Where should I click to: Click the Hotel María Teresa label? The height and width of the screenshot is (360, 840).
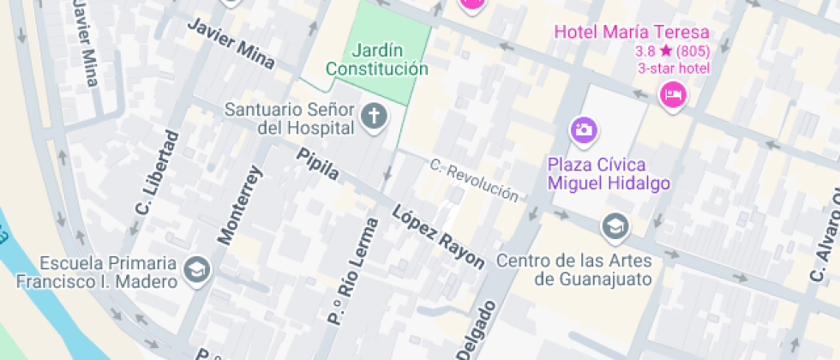632,33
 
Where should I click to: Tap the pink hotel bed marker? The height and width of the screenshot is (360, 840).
674,93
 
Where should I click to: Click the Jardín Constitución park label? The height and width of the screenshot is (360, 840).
376,59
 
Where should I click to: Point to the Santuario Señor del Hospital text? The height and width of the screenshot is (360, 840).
290,118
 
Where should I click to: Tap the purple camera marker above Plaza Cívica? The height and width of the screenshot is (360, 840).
585,130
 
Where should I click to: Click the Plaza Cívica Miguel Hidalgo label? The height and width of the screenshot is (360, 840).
609,174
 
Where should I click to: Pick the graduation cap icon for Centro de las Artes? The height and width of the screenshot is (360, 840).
615,226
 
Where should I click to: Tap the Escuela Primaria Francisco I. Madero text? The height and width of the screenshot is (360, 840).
97,271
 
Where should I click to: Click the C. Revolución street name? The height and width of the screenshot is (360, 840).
474,180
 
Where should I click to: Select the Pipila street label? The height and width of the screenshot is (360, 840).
318,164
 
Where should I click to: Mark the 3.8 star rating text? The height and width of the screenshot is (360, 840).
672,51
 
